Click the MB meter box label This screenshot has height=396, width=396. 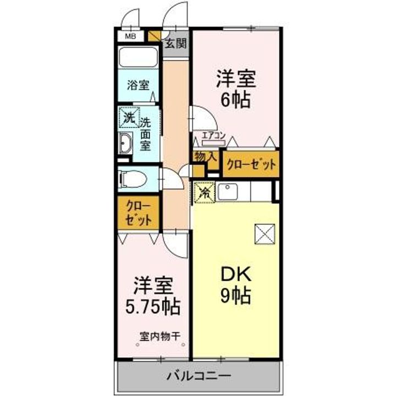(x=130, y=36)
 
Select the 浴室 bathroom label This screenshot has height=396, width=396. (x=137, y=85)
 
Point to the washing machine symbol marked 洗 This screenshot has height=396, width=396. (x=128, y=117)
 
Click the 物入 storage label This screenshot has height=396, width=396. (x=205, y=157)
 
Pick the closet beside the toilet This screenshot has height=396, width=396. (x=137, y=213)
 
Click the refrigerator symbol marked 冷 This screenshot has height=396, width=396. (x=204, y=193)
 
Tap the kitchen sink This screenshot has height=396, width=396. (x=227, y=191)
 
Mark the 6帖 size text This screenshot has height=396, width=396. (x=235, y=101)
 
